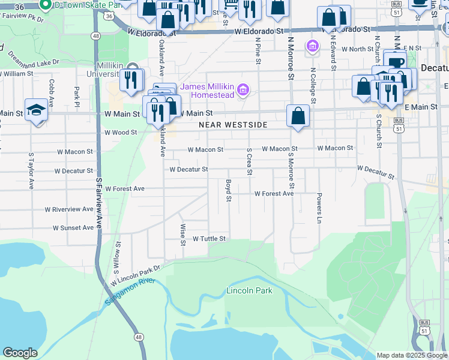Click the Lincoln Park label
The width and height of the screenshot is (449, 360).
pyautogui.click(x=249, y=291)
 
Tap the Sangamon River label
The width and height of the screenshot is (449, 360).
pyautogui.click(x=130, y=291)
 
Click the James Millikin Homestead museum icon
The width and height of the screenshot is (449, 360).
pyautogui.click(x=243, y=91)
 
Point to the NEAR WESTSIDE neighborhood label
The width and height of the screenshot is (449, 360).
pyautogui.click(x=233, y=125)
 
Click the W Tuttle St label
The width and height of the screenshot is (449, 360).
pyautogui.click(x=208, y=239)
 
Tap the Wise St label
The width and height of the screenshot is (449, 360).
pyautogui.click(x=182, y=235)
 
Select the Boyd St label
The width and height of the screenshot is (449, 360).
pyautogui.click(x=228, y=190)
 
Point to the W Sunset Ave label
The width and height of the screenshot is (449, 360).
pyautogui.click(x=73, y=228)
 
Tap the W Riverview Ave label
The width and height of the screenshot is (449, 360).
pyautogui.click(x=69, y=209)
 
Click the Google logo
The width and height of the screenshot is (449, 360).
pyautogui.click(x=20, y=353)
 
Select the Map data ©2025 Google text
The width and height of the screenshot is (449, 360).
pyautogui.click(x=411, y=355)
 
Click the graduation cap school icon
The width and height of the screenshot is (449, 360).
pyautogui.click(x=37, y=110)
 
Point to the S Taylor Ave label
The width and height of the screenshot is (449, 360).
pyautogui.click(x=30, y=171)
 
